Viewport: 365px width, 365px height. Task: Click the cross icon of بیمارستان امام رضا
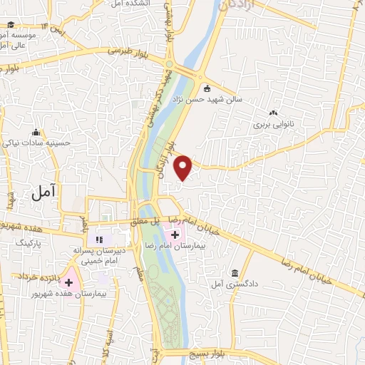point(175,234)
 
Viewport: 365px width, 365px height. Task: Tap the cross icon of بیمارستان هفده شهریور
point(68,283)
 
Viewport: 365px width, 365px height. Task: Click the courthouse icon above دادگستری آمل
point(235,273)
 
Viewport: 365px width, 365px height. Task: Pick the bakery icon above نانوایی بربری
point(273,113)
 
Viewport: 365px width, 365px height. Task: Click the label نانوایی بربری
point(272,124)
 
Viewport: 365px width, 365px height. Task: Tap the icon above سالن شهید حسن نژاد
point(207,89)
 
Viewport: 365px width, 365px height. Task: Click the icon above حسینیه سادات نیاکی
point(36,132)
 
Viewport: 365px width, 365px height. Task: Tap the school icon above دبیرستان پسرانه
point(100,240)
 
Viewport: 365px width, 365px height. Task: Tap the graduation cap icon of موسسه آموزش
point(11,25)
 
